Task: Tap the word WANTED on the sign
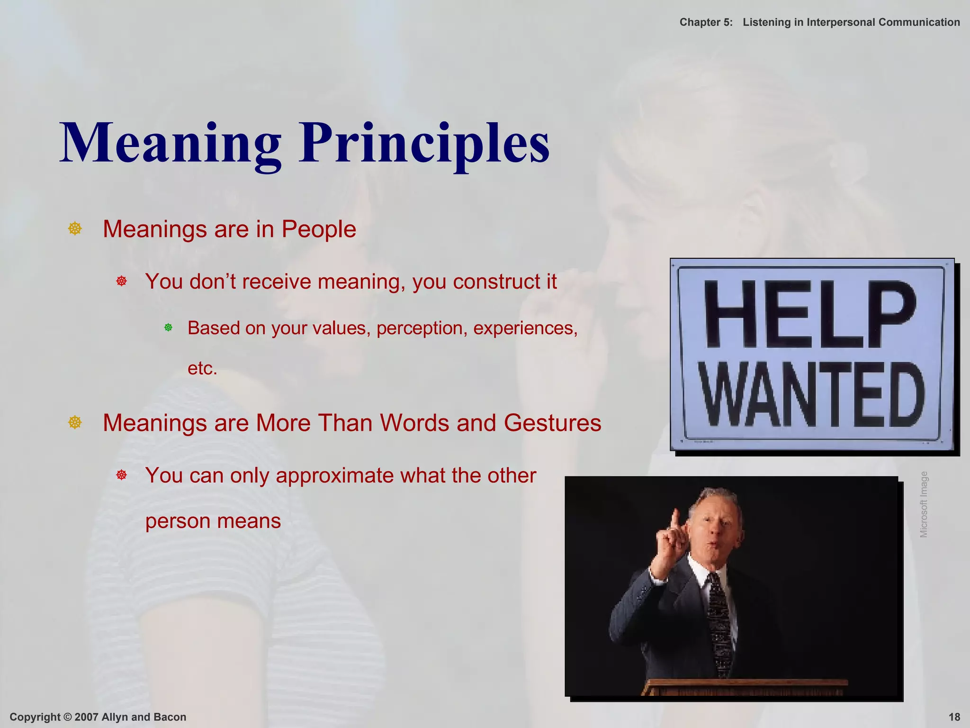tap(812, 394)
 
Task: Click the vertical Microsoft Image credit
tap(924, 504)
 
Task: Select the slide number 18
tap(954, 717)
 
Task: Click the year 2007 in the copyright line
tap(86, 717)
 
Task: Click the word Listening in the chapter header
tap(766, 22)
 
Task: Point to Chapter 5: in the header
tap(706, 22)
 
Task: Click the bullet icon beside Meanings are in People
tap(75, 229)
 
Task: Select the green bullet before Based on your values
tap(168, 328)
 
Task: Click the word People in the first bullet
tap(318, 229)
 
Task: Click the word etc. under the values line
tap(202, 368)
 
